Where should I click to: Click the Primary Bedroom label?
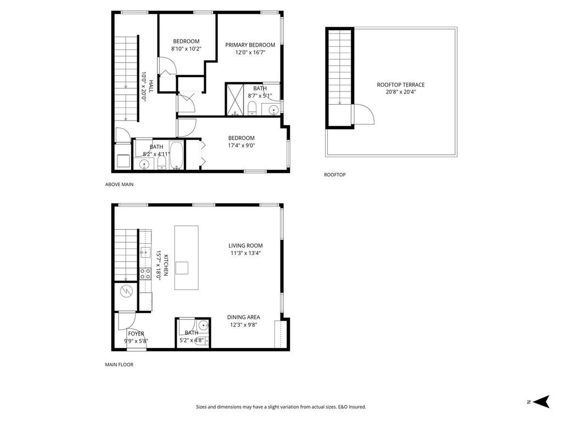pyautogui.click(x=250, y=45)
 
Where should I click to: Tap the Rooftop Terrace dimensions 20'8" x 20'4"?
pyautogui.click(x=401, y=92)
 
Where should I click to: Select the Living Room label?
pyautogui.click(x=245, y=246)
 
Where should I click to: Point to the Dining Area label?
pyautogui.click(x=244, y=317)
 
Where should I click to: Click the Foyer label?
pyautogui.click(x=136, y=333)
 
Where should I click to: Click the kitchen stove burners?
pyautogui.click(x=145, y=274)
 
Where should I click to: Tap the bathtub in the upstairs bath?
pyautogui.click(x=177, y=156)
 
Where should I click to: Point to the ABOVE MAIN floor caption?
pyautogui.click(x=119, y=185)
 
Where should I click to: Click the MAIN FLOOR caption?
pyautogui.click(x=119, y=365)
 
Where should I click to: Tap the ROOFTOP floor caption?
pyautogui.click(x=334, y=175)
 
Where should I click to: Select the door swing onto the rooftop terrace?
pyautogui.click(x=363, y=116)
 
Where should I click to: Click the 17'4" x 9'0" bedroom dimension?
pyautogui.click(x=241, y=145)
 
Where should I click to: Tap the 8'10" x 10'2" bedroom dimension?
pyautogui.click(x=186, y=49)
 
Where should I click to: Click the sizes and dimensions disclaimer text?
pyautogui.click(x=281, y=407)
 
